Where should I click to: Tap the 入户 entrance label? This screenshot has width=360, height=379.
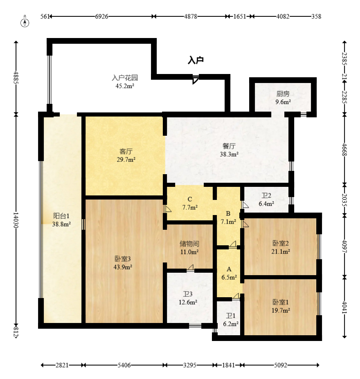(196, 61)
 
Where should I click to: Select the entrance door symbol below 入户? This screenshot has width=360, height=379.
(196, 79)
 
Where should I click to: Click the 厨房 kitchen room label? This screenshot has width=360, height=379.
(283, 93)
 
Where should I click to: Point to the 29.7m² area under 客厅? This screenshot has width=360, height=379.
(126, 160)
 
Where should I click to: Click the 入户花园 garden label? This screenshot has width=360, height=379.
(125, 78)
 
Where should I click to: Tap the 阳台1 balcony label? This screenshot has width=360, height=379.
(61, 216)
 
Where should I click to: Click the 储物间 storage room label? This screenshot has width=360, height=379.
(189, 244)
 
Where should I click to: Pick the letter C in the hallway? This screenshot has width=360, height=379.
(190, 199)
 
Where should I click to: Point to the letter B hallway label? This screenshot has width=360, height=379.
(228, 213)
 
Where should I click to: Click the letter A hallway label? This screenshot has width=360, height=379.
(229, 269)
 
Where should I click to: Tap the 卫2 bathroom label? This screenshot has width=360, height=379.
(266, 195)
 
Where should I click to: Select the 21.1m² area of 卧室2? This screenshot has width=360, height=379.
(281, 251)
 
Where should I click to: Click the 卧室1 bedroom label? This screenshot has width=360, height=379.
(281, 302)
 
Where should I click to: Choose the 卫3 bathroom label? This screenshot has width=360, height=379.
(188, 294)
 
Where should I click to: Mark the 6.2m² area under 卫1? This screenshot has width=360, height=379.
(231, 323)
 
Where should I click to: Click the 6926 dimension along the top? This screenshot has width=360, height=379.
(101, 17)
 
